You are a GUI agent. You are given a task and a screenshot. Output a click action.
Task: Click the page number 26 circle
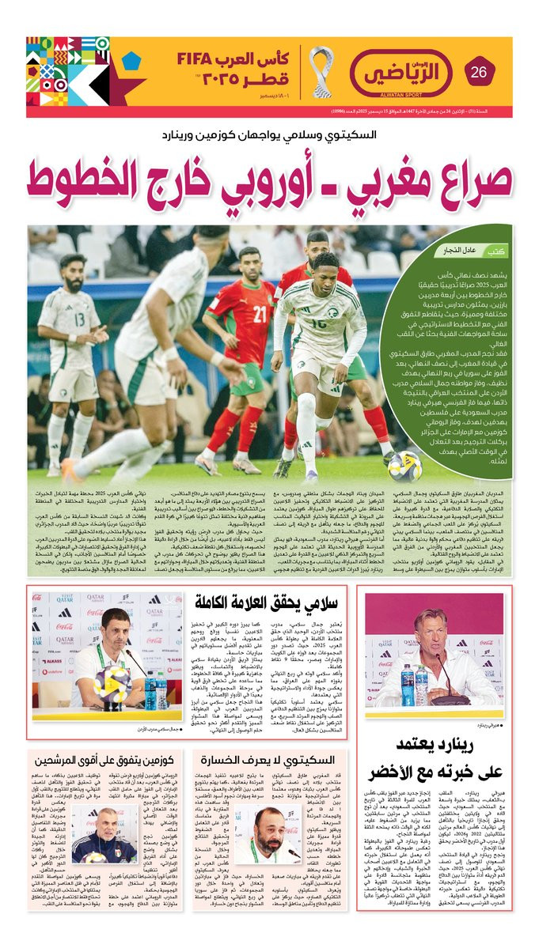(479, 73)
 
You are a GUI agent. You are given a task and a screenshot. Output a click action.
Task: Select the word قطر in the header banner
(245, 82)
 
